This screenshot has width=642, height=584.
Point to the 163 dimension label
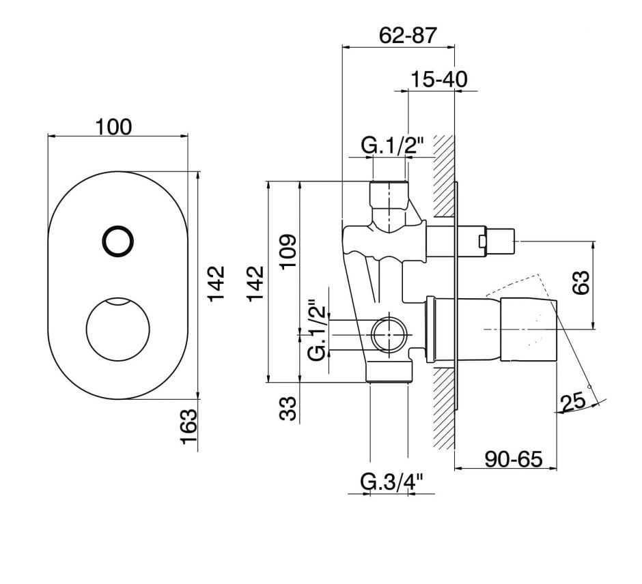(189, 427)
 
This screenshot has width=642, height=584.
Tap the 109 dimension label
(288, 252)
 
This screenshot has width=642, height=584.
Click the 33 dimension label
(288, 409)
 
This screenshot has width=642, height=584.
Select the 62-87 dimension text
(407, 35)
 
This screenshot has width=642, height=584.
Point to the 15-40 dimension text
(438, 79)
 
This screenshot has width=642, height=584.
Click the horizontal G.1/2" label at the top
(392, 145)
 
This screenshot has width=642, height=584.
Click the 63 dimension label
(581, 282)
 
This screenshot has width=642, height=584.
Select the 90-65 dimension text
(513, 458)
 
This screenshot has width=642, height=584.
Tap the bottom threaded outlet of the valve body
(390, 373)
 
